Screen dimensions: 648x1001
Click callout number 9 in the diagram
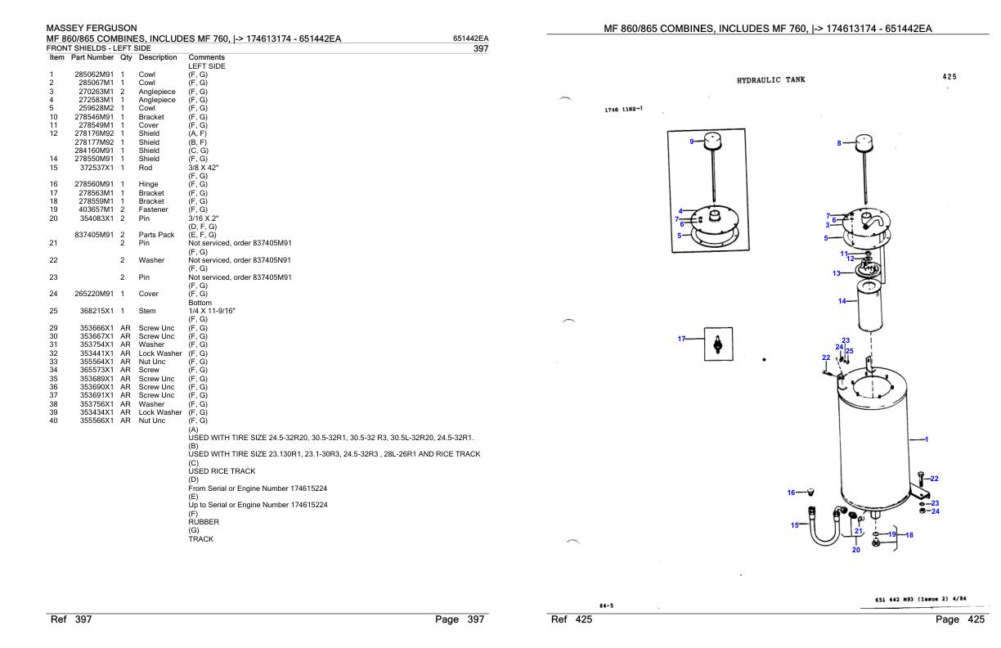692,142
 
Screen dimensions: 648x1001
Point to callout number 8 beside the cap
839,143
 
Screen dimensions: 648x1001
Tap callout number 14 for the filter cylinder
842,301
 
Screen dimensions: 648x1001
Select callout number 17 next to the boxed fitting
682,339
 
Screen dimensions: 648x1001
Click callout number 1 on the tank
926,439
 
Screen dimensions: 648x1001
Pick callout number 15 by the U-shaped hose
793,525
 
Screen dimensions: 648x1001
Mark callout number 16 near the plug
791,493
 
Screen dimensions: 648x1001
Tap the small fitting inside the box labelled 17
718,344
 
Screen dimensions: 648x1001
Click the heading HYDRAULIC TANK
770,79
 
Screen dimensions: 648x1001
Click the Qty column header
126,57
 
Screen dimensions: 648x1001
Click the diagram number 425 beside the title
949,77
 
